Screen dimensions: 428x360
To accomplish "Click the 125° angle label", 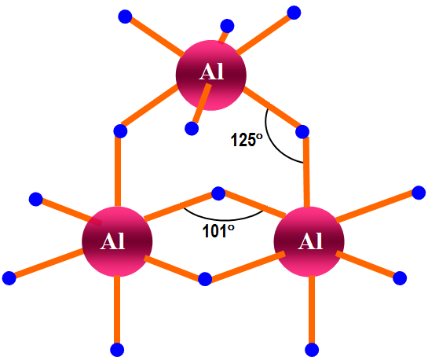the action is [247, 140].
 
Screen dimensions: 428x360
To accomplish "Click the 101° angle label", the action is [218, 231].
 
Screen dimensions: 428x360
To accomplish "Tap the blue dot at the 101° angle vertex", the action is [218, 193].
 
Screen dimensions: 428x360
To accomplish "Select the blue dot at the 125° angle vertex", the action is [302, 131].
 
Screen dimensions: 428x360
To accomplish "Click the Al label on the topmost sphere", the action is [211, 72].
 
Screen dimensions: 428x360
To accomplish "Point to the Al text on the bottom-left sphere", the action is [112, 241].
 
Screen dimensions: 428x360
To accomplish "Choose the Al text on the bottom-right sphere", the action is [310, 241].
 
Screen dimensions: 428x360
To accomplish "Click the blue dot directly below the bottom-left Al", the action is [117, 350].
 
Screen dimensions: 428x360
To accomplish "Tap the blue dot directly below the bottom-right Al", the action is [312, 350].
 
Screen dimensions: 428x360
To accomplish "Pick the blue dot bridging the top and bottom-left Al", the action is [120, 131].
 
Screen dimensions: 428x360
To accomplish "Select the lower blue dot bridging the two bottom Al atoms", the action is [205, 279].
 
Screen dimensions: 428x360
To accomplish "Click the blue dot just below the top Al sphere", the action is [192, 128].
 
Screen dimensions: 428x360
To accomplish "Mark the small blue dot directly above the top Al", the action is [227, 26].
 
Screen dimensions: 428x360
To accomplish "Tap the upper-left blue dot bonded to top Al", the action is [125, 17].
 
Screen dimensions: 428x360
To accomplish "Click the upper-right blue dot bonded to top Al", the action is [294, 13].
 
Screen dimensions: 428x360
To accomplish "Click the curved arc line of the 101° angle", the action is [225, 219].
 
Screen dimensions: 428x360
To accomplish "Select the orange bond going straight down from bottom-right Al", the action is [312, 309].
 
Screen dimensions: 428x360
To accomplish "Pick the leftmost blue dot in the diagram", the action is [9, 278].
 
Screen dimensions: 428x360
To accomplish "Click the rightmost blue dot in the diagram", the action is [419, 193].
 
